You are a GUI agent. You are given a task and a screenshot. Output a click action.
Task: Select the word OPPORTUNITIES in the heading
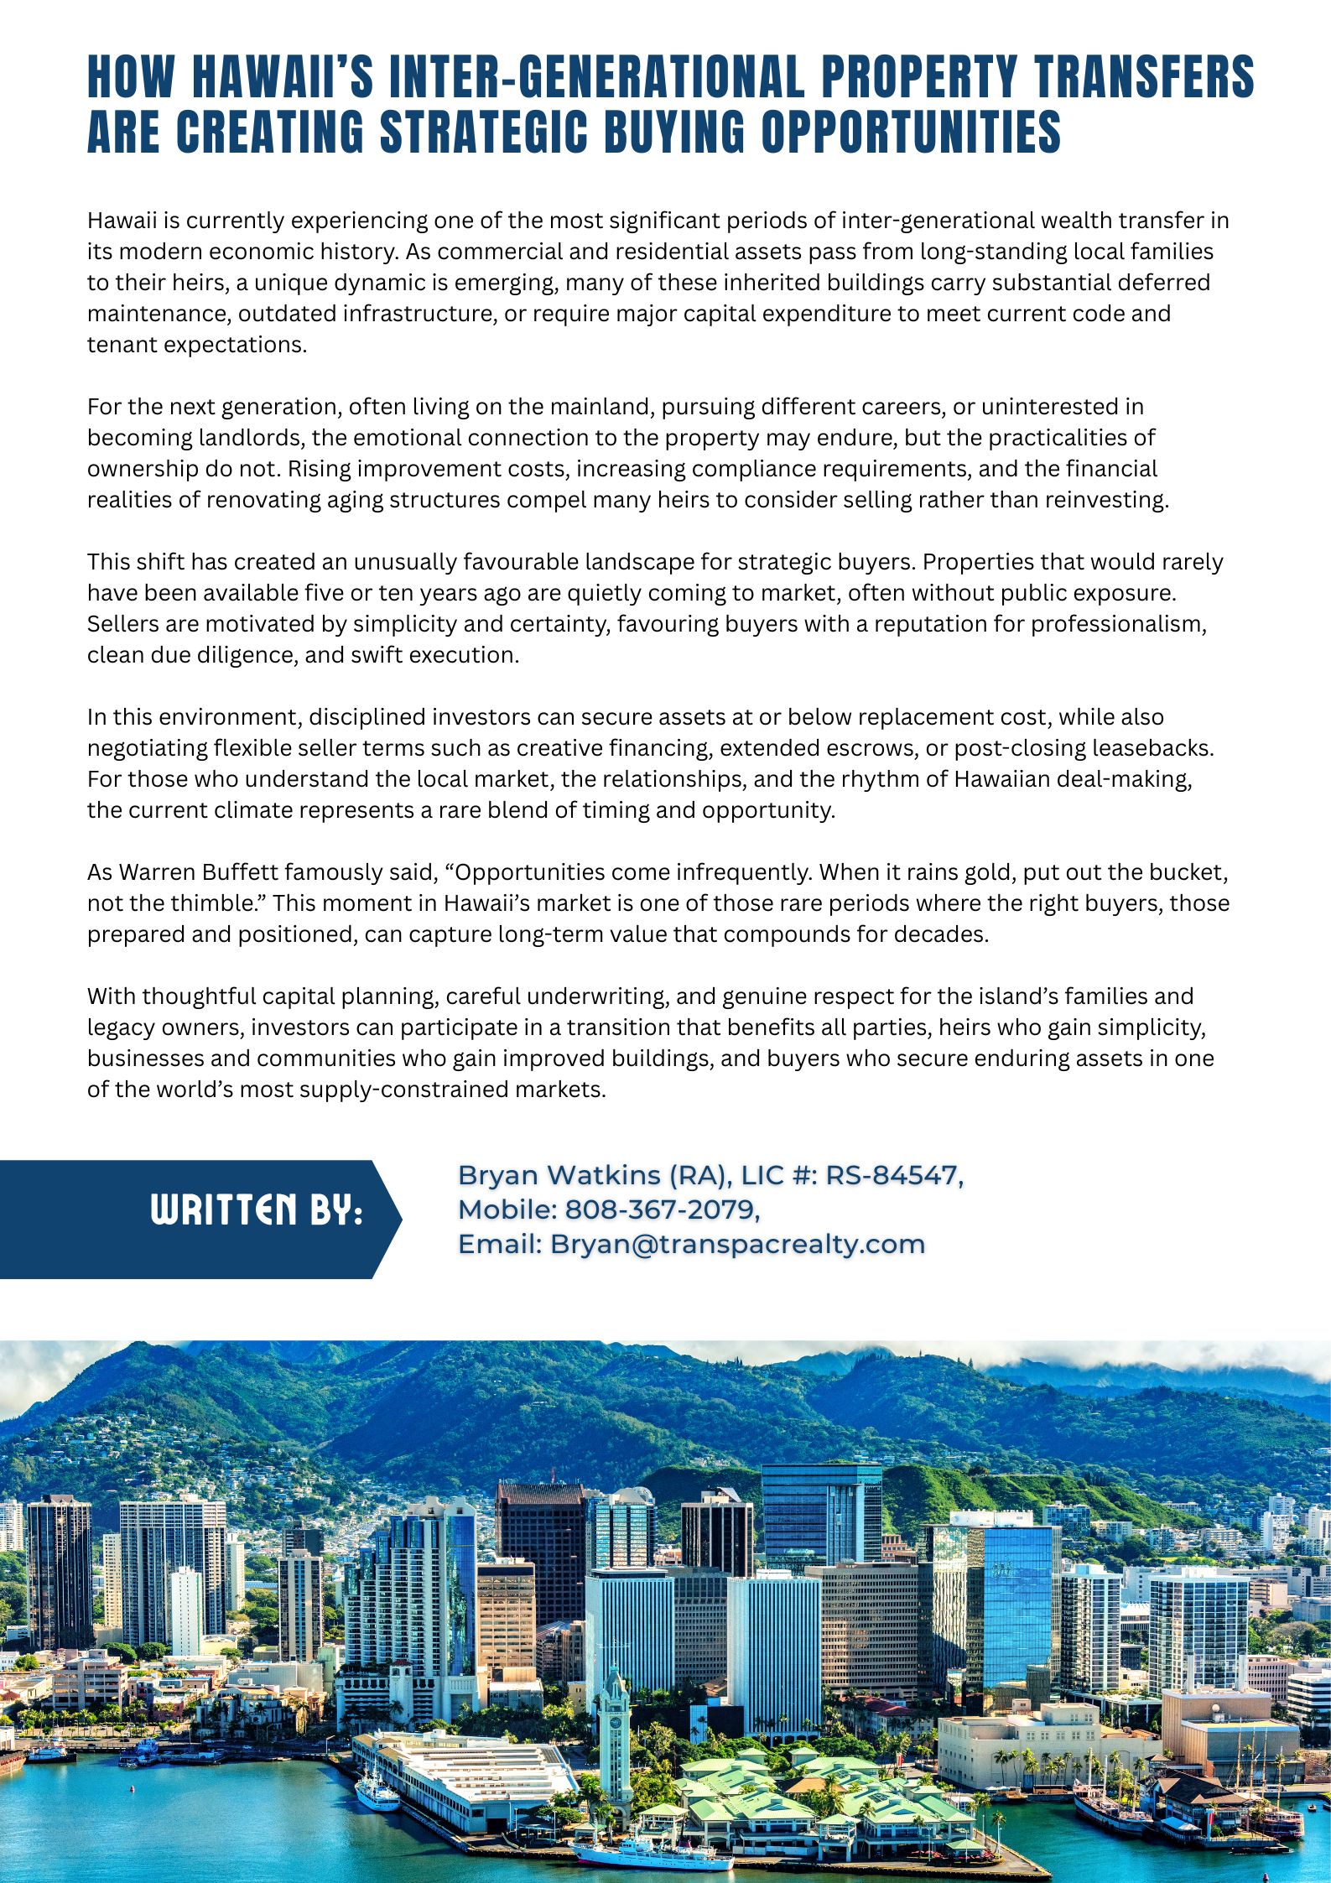[x=911, y=132]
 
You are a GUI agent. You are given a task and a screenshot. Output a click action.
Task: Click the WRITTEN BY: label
[x=256, y=1210]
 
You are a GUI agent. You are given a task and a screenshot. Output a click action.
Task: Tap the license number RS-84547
[x=892, y=1176]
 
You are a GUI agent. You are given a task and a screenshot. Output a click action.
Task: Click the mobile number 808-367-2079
[x=660, y=1209]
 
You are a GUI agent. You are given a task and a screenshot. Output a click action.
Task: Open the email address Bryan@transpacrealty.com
[x=737, y=1244]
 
